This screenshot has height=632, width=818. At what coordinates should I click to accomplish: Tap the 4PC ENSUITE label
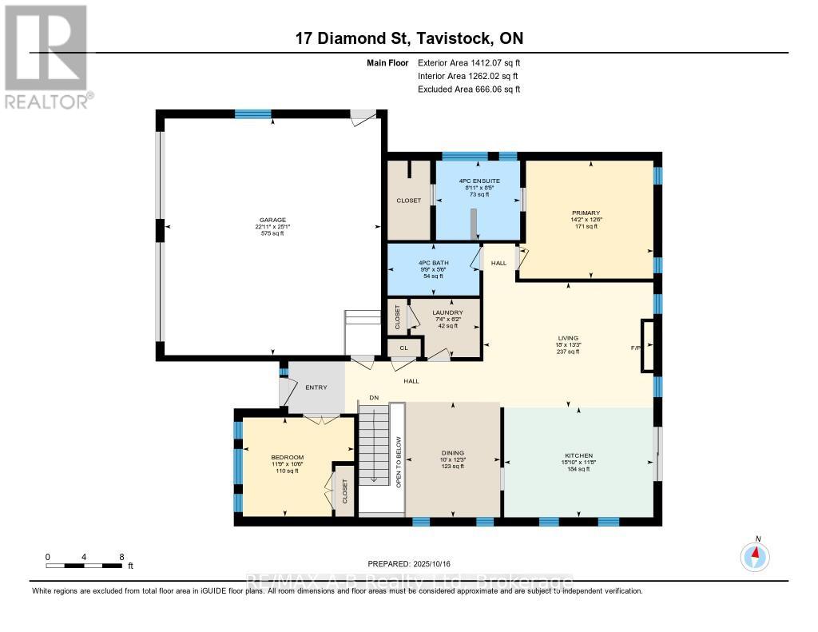[x=479, y=181]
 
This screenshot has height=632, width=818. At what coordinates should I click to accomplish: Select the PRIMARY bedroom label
[x=590, y=213]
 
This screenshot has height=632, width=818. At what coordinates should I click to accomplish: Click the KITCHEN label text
[x=578, y=455]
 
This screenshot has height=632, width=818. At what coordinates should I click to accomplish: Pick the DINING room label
[x=453, y=453]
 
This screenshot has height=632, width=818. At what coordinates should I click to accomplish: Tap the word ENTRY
[x=316, y=388]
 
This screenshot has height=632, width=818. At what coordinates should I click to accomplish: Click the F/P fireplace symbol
[x=648, y=348]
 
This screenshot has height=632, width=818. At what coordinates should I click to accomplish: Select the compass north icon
[x=755, y=554]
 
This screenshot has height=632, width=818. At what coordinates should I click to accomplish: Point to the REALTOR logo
[x=47, y=56]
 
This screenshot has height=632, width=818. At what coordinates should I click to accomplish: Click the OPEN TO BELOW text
[x=398, y=462]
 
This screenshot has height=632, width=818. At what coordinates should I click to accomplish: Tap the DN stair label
[x=373, y=397]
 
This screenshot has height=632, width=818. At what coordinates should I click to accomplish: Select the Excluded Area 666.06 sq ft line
[x=469, y=89]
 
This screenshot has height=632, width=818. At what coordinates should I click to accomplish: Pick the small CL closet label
[x=404, y=348]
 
